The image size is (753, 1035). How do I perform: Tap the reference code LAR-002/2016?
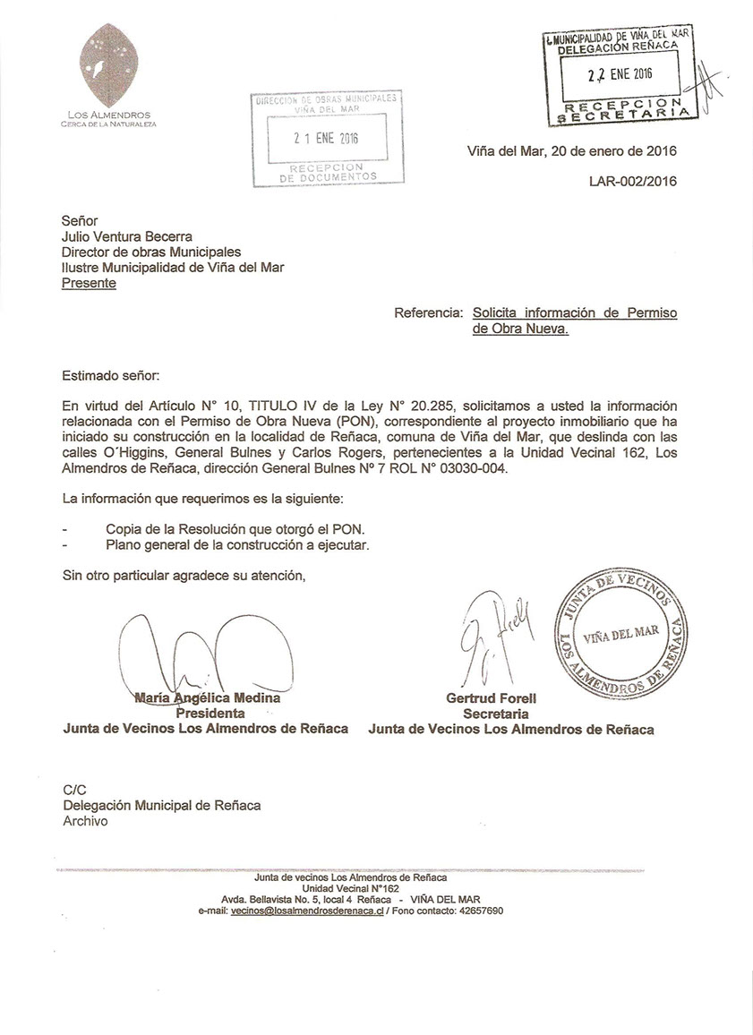tap(632, 181)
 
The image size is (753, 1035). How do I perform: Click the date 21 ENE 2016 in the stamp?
tap(326, 139)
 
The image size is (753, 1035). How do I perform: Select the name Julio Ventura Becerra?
tap(126, 237)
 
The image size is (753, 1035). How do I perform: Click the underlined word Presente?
tap(89, 283)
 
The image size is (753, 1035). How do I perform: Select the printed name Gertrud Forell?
tap(497, 698)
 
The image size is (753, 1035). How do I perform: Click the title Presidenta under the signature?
tap(210, 714)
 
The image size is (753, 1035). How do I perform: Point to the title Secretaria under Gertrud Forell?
tap(495, 714)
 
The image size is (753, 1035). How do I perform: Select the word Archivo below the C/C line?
tap(85, 821)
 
